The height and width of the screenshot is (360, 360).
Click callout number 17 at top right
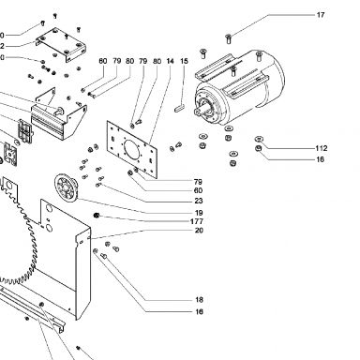pyautogui.click(x=321, y=15)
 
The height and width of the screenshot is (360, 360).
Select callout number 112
pyautogui.click(x=322, y=148)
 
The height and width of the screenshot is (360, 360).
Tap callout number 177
pyautogui.click(x=197, y=221)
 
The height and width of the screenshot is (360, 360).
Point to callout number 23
pyautogui.click(x=199, y=201)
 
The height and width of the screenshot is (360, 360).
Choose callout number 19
pyautogui.click(x=199, y=213)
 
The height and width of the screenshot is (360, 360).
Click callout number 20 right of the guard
pyautogui.click(x=199, y=231)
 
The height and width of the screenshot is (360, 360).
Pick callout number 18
pyautogui.click(x=199, y=300)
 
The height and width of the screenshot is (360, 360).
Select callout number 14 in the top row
pyautogui.click(x=170, y=61)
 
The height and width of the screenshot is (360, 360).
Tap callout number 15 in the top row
pyautogui.click(x=185, y=61)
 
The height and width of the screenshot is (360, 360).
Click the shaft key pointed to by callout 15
pyautogui.click(x=179, y=108)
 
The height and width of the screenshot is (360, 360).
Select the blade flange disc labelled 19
pyautogui.click(x=67, y=187)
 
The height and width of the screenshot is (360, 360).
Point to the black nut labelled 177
pyautogui.click(x=97, y=215)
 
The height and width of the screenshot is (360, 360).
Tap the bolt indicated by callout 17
pyautogui.click(x=228, y=38)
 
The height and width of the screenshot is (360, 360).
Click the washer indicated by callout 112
pyautogui.click(x=259, y=139)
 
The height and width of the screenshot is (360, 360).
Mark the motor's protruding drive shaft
pyautogui.click(x=198, y=112)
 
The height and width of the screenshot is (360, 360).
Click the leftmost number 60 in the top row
pyautogui.click(x=103, y=61)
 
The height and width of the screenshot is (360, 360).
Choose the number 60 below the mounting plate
pyautogui.click(x=198, y=190)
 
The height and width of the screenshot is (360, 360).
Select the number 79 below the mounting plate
pyautogui.click(x=198, y=182)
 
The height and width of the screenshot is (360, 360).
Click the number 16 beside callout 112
pyautogui.click(x=320, y=159)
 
